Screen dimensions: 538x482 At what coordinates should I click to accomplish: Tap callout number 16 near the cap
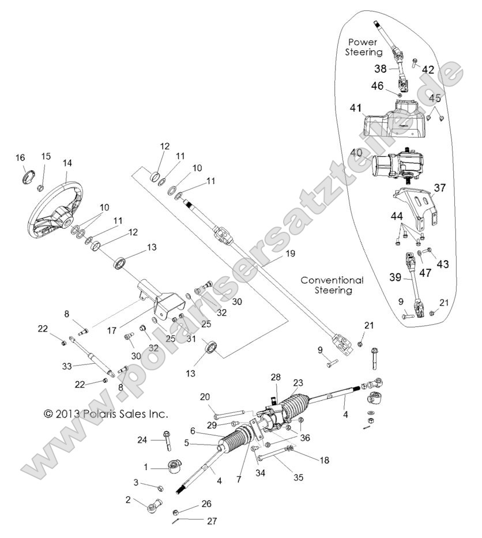(20, 157)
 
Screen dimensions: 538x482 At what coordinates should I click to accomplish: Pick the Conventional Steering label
(333, 285)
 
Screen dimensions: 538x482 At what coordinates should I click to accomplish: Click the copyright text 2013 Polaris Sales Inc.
(106, 413)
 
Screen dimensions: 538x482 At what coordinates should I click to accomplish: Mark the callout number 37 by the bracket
(440, 187)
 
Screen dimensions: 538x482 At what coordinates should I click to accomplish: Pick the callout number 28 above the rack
(276, 377)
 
